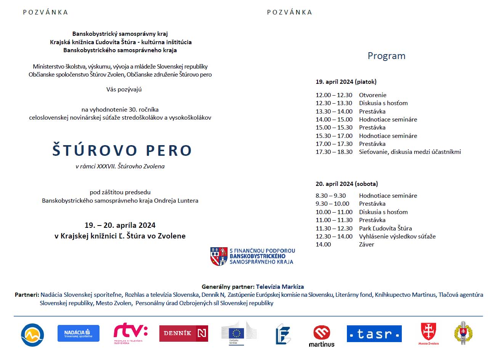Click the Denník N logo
click(183, 333)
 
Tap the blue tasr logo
click(374, 334)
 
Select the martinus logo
click(321, 336)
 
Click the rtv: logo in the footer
click(130, 333)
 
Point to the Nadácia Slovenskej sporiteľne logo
click(79, 333)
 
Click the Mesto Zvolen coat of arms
click(428, 333)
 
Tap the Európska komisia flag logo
click(239, 333)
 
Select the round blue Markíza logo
click(32, 335)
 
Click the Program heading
click(386, 56)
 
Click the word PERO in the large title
click(169, 150)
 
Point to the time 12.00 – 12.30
click(334, 95)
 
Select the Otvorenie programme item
click(372, 95)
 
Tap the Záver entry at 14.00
click(366, 245)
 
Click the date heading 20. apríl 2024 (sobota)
click(347, 184)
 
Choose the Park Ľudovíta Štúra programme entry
click(385, 228)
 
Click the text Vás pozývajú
click(124, 90)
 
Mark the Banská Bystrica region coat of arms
click(218, 256)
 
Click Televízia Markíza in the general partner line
click(280, 286)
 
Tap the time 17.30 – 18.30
click(334, 152)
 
